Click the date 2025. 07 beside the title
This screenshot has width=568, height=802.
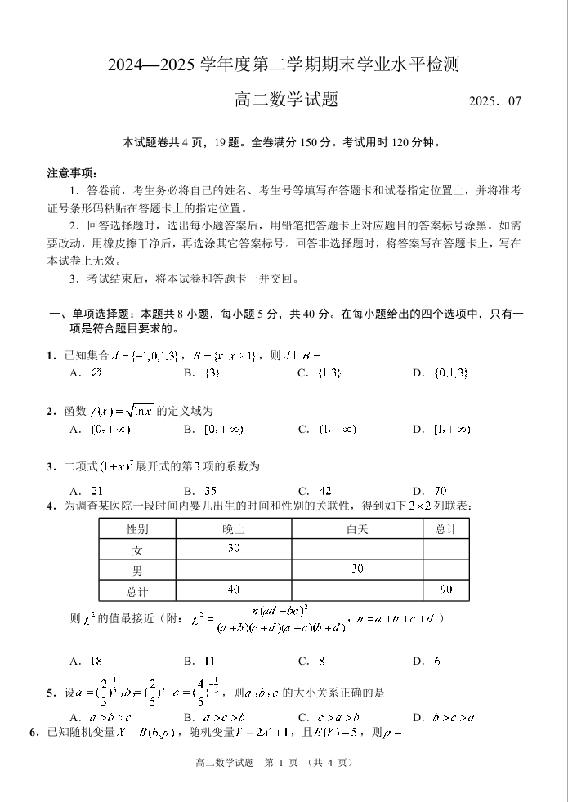[x=494, y=102]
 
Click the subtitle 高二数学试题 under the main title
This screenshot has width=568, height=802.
[x=287, y=100]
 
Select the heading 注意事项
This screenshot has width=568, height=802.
[x=73, y=173]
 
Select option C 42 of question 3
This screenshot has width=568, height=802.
[x=316, y=491]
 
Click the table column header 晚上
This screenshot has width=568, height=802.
[x=234, y=529]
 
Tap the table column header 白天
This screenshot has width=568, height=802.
[x=357, y=529]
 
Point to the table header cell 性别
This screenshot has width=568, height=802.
[x=137, y=529]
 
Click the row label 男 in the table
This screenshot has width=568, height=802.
[x=137, y=570]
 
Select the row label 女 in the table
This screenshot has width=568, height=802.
[x=137, y=550]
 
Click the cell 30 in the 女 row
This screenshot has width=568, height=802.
[x=234, y=548]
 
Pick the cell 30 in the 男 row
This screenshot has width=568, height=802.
[x=357, y=568]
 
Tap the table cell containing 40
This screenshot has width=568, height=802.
[x=234, y=589]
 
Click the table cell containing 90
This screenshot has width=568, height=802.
[x=446, y=589]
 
